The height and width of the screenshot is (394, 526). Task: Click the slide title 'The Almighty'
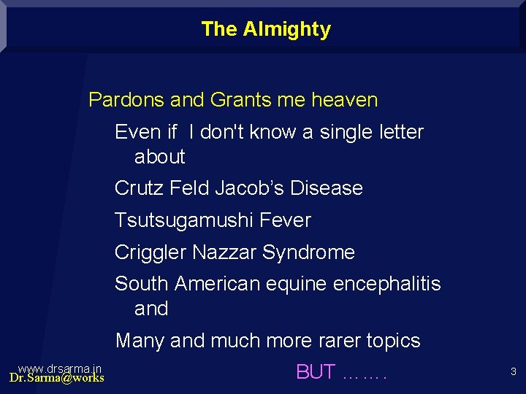point(265,29)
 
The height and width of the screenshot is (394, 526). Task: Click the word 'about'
point(159,157)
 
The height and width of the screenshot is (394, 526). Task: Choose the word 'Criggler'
point(150,252)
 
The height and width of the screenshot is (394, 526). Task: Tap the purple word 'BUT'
point(316,372)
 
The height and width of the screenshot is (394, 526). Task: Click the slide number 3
point(513,372)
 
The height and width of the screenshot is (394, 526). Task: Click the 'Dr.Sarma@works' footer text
point(56,378)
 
